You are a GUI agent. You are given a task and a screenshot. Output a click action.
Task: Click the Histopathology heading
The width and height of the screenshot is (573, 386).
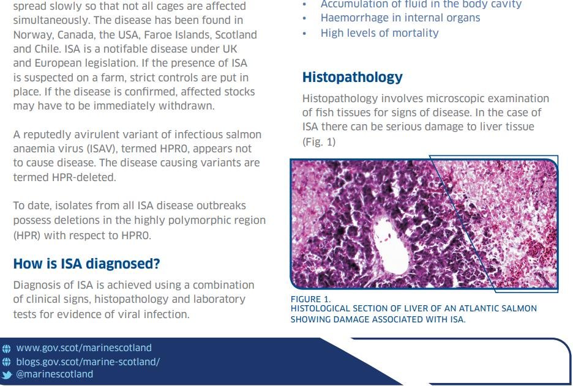[352, 78]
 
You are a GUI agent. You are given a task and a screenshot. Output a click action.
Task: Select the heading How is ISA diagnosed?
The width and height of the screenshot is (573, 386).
[86, 264]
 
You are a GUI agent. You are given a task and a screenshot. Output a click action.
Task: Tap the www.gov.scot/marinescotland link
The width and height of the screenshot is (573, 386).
[83, 348]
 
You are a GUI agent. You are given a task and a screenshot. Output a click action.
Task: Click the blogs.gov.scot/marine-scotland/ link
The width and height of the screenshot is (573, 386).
[88, 361]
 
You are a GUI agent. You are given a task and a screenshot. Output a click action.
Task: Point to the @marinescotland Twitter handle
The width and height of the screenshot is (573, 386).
[54, 374]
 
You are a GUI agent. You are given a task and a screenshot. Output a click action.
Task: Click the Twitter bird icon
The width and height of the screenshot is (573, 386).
[7, 374]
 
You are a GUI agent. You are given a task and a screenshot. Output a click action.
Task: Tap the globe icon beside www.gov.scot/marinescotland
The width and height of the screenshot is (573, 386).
[7, 349]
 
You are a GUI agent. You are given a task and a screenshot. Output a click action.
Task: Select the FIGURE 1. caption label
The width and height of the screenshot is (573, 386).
[310, 299]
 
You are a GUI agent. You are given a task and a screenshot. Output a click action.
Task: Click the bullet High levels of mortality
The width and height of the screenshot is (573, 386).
[380, 33]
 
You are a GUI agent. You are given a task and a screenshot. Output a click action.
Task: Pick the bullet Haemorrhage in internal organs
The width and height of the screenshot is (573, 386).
[400, 18]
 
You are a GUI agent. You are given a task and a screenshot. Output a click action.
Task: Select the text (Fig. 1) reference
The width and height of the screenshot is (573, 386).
[319, 142]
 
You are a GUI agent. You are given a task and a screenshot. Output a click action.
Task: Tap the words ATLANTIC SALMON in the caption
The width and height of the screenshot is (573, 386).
[500, 309]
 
